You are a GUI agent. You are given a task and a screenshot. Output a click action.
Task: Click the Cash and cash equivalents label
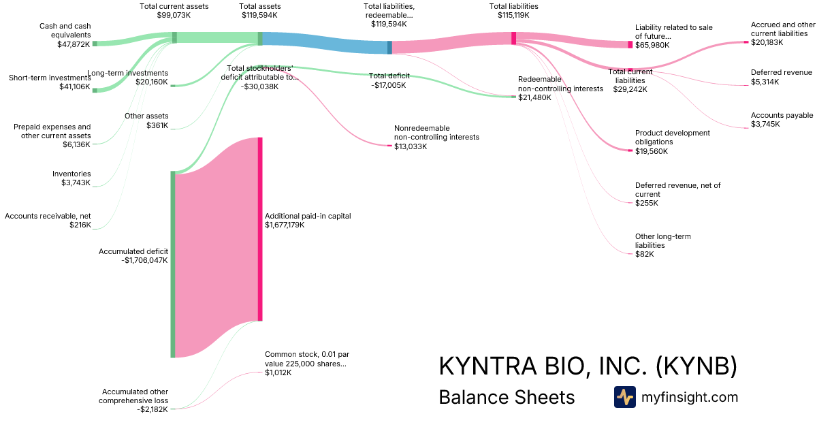[x=65, y=31]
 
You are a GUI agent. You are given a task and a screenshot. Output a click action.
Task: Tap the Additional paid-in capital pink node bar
[x=260, y=229]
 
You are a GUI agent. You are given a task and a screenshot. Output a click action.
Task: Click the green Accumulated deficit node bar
[x=173, y=264]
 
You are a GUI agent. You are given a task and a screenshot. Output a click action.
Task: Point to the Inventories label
[x=71, y=174]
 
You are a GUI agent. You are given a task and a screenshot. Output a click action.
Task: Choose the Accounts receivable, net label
[x=48, y=216]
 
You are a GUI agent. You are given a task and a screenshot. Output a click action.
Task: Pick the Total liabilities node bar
[x=513, y=38]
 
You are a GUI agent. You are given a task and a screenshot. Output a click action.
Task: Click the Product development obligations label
[x=672, y=138]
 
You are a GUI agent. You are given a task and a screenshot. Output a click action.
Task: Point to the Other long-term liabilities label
[x=662, y=240]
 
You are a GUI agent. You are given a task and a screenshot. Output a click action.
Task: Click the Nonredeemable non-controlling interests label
[x=436, y=132]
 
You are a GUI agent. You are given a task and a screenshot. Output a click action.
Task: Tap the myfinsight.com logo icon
[x=624, y=397]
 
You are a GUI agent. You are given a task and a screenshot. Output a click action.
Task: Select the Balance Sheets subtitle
[x=507, y=397]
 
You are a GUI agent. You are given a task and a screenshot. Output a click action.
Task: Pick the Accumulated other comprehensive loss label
[x=135, y=396]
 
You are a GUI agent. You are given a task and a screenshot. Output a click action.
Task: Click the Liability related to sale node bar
[x=630, y=44]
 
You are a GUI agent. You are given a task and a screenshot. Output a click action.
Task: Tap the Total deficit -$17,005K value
[x=388, y=85]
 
